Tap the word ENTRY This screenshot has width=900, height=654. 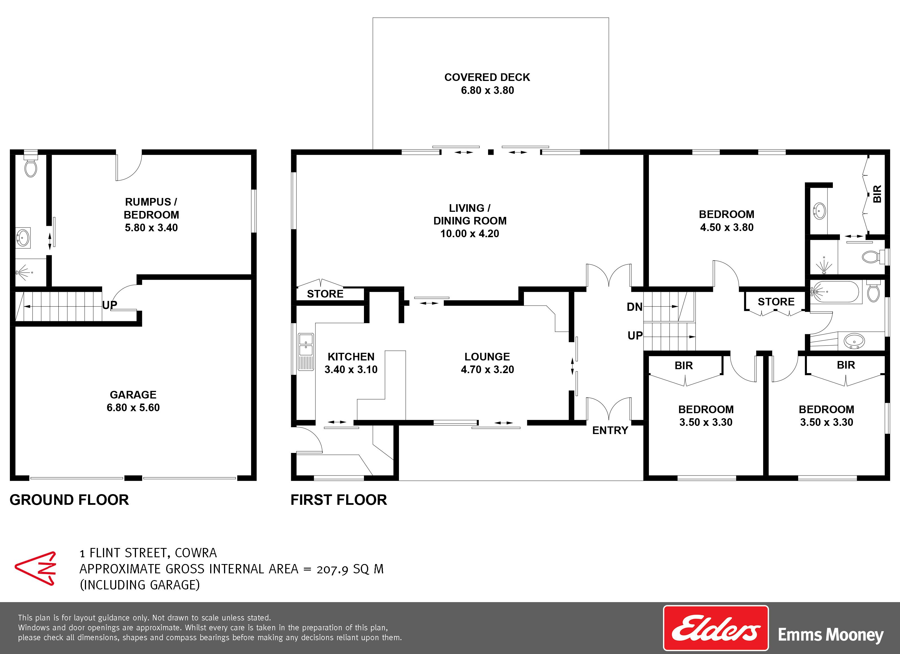(610, 430)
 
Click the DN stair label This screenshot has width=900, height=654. (635, 307)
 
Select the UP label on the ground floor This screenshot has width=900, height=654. (109, 305)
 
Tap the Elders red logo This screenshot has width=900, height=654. (716, 627)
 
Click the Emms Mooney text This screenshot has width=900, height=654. (831, 635)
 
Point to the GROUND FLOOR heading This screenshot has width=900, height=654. (69, 500)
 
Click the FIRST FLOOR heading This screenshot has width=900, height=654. (339, 500)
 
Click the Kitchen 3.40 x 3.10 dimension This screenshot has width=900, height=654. (351, 369)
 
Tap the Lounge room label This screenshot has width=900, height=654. (487, 356)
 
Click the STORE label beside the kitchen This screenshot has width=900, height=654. (325, 294)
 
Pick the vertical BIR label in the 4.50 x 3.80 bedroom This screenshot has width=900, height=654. (877, 194)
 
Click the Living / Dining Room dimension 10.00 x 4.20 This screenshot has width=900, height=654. (469, 234)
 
